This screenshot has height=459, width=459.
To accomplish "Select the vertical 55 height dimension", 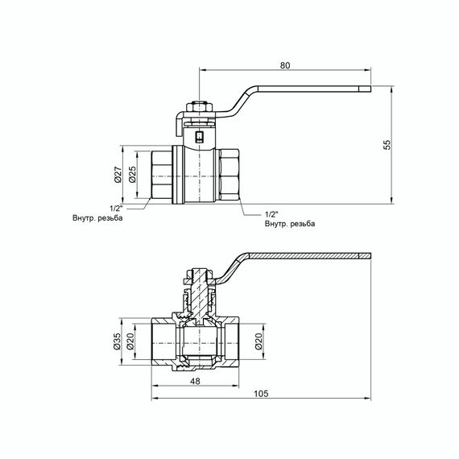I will point(387,144).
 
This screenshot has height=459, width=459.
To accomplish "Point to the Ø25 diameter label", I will point(134,176).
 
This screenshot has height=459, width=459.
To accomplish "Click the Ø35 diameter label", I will point(118,342).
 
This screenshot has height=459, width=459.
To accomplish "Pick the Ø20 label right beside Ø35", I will point(134,342).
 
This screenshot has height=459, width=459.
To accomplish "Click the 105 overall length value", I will point(262,394).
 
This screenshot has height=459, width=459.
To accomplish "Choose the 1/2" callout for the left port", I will point(113,208).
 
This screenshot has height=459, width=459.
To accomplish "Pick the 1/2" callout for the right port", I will point(271,214).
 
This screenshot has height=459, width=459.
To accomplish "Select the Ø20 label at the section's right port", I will point(258,342).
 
